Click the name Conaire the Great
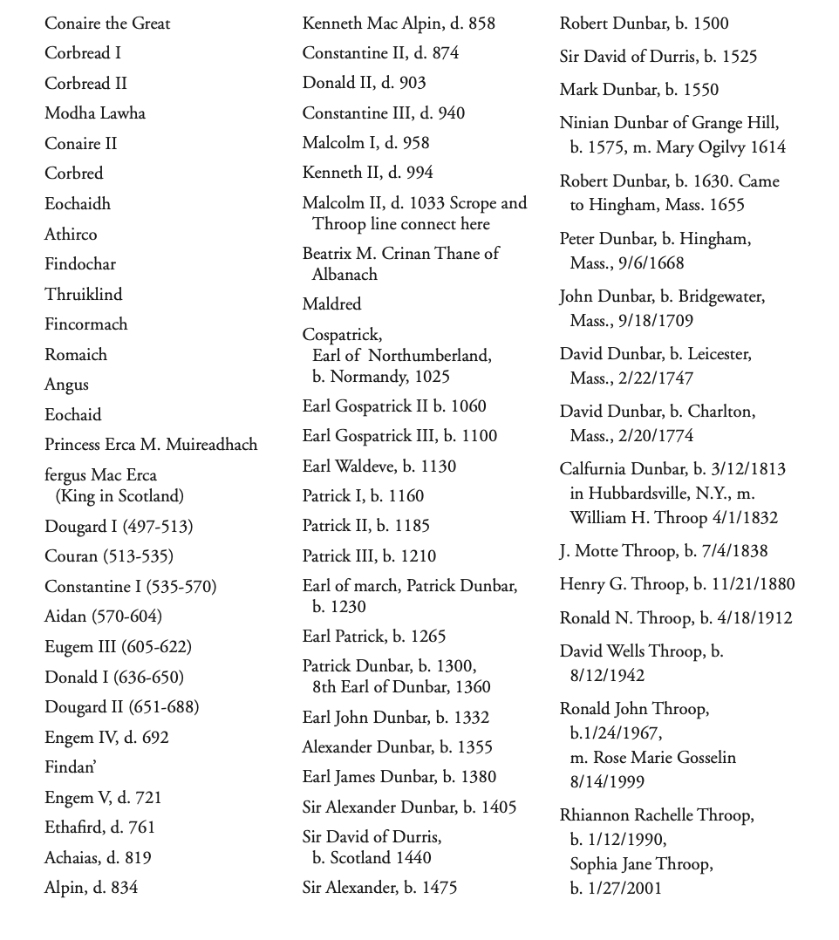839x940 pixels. tap(107, 24)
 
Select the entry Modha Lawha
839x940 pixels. tap(95, 113)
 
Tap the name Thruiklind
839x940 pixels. tap(84, 294)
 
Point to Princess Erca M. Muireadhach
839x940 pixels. tap(151, 445)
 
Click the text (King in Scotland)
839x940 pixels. tap(119, 496)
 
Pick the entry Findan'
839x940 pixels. tap(71, 767)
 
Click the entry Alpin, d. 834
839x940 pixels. tap(92, 888)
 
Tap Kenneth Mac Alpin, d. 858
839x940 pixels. tap(399, 24)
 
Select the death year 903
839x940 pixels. tap(412, 83)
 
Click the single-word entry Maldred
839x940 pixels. tap(331, 304)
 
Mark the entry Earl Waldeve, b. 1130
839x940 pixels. tap(379, 467)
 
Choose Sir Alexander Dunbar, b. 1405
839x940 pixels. tap(409, 807)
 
